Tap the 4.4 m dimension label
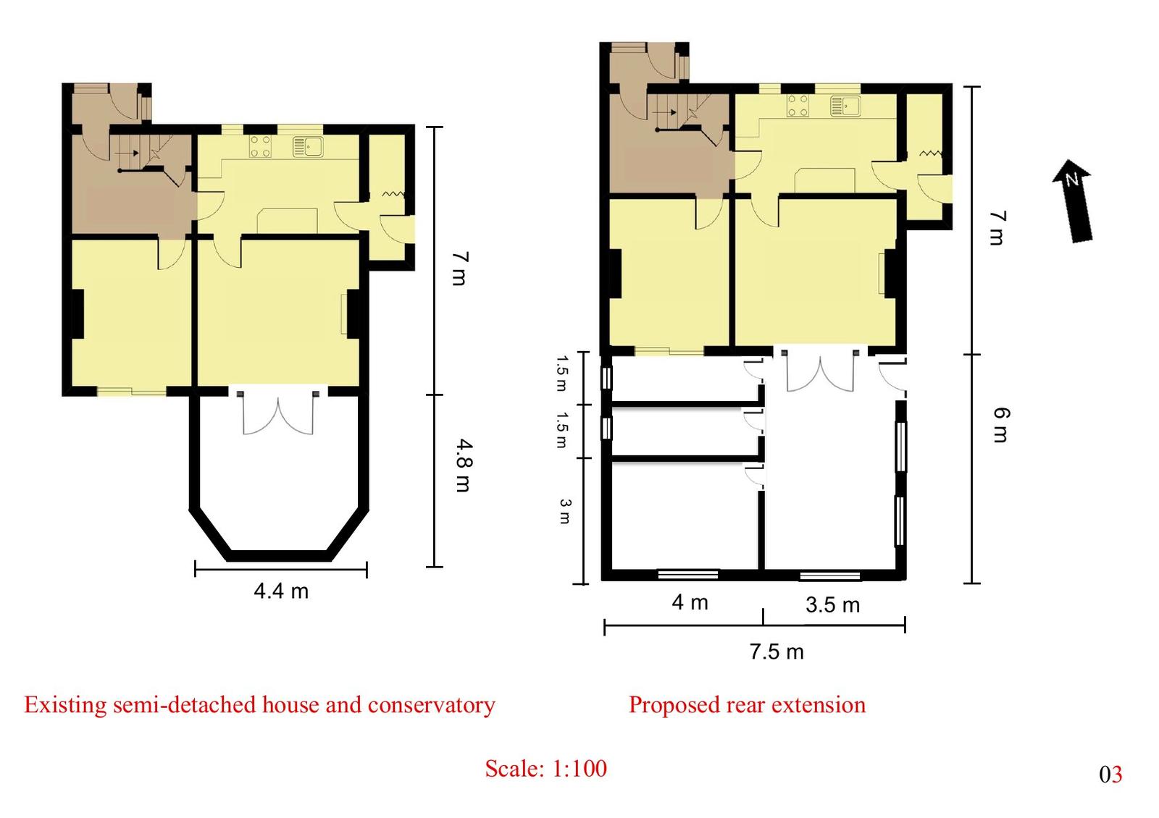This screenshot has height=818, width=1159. point(281,591)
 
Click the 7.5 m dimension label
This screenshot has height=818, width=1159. point(777,652)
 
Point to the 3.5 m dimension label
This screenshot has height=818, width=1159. point(832,605)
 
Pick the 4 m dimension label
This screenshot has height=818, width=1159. point(690,602)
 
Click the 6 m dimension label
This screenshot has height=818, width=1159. point(1001,426)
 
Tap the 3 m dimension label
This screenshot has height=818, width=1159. point(564,511)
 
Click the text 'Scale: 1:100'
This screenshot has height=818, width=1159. point(546,768)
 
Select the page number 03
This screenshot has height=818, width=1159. point(1111,775)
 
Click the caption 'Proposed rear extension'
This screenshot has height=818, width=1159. point(747,705)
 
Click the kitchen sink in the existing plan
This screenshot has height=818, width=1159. point(308,146)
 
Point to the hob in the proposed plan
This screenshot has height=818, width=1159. point(798,106)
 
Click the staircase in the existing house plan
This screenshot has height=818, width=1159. point(148,154)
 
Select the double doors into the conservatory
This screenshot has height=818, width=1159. point(278,413)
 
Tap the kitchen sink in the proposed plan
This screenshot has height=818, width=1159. point(846,106)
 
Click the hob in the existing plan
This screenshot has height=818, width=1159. point(260,146)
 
